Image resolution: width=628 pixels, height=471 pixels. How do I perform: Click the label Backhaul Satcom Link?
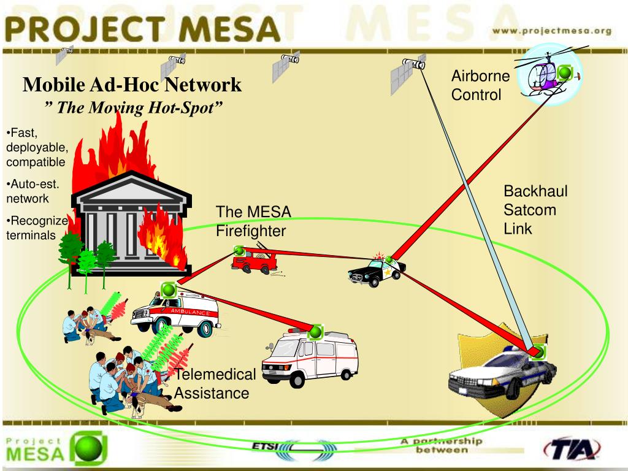pos(535,210)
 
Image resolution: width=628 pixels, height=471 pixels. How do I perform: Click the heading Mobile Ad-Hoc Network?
pos(132,84)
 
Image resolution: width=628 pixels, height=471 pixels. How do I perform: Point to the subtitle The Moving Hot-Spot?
pos(132,108)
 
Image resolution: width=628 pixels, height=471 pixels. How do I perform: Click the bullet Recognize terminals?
pos(37,228)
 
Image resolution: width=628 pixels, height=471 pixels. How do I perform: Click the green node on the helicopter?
pos(565,74)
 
